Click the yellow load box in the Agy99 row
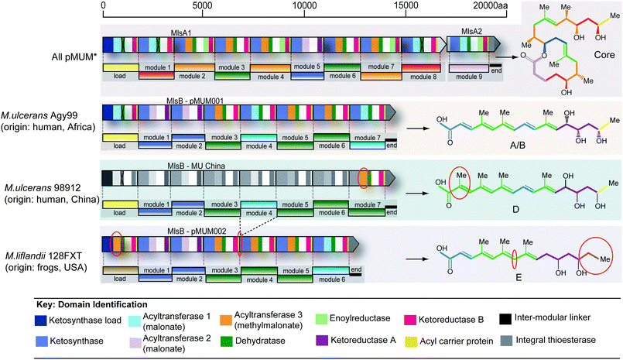[120, 144]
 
